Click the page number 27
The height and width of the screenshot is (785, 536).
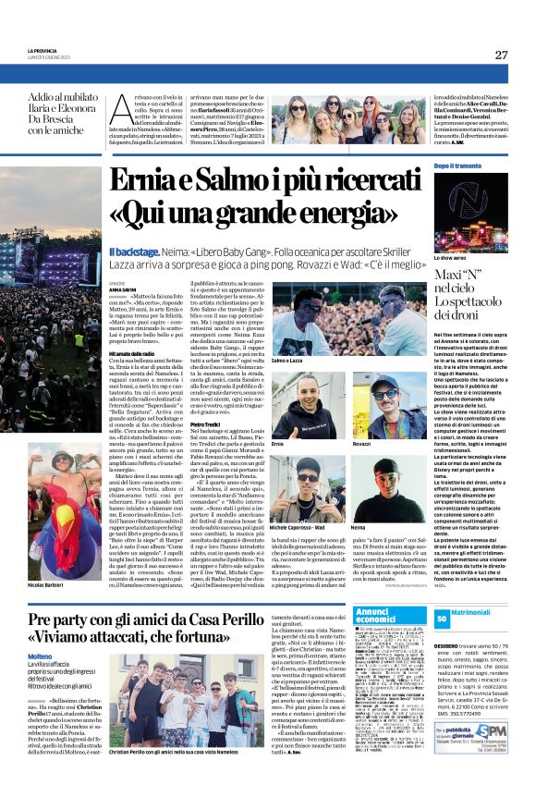[501, 55]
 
